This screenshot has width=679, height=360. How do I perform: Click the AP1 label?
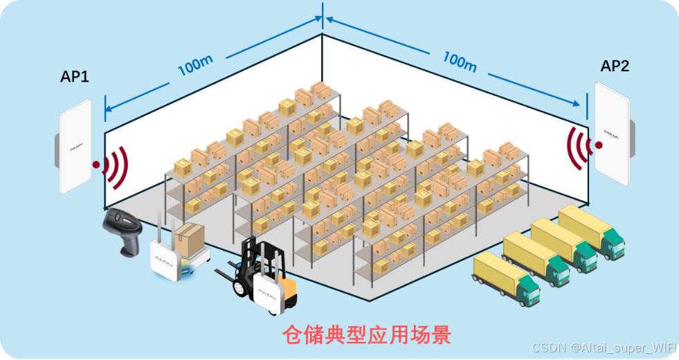75,76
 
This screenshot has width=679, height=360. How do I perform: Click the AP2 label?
615,66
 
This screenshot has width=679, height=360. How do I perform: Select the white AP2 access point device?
611,138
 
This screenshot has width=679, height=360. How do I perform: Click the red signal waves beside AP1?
116,166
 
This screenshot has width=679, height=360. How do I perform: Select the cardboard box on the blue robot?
188,239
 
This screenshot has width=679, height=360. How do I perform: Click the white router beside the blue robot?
164,261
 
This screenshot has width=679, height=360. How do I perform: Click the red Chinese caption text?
367,335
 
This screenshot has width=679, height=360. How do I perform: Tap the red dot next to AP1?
98,165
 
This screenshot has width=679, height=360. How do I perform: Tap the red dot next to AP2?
598,145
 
